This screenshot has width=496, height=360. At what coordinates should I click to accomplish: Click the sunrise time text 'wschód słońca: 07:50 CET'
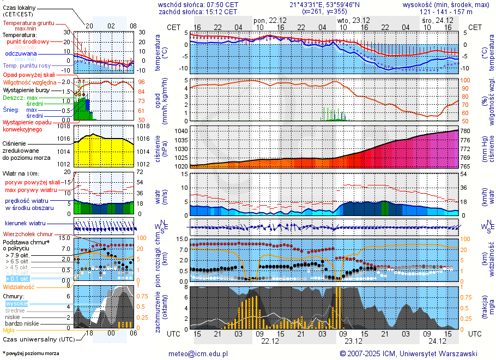(198, 4)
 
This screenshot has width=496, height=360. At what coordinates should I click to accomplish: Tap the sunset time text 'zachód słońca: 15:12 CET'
(198, 11)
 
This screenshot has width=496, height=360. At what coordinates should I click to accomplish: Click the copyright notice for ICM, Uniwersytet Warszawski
(408, 353)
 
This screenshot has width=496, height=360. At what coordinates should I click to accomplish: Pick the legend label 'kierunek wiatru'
(24, 224)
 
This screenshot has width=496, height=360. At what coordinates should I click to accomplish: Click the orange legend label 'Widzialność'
(19, 286)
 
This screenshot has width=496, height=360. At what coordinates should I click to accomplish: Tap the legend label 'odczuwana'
(21, 54)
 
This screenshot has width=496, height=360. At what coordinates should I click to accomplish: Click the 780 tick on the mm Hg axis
(466, 131)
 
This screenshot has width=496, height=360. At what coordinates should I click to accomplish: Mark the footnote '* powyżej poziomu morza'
(31, 353)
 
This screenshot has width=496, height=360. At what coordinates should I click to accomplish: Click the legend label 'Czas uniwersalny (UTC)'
(37, 339)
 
